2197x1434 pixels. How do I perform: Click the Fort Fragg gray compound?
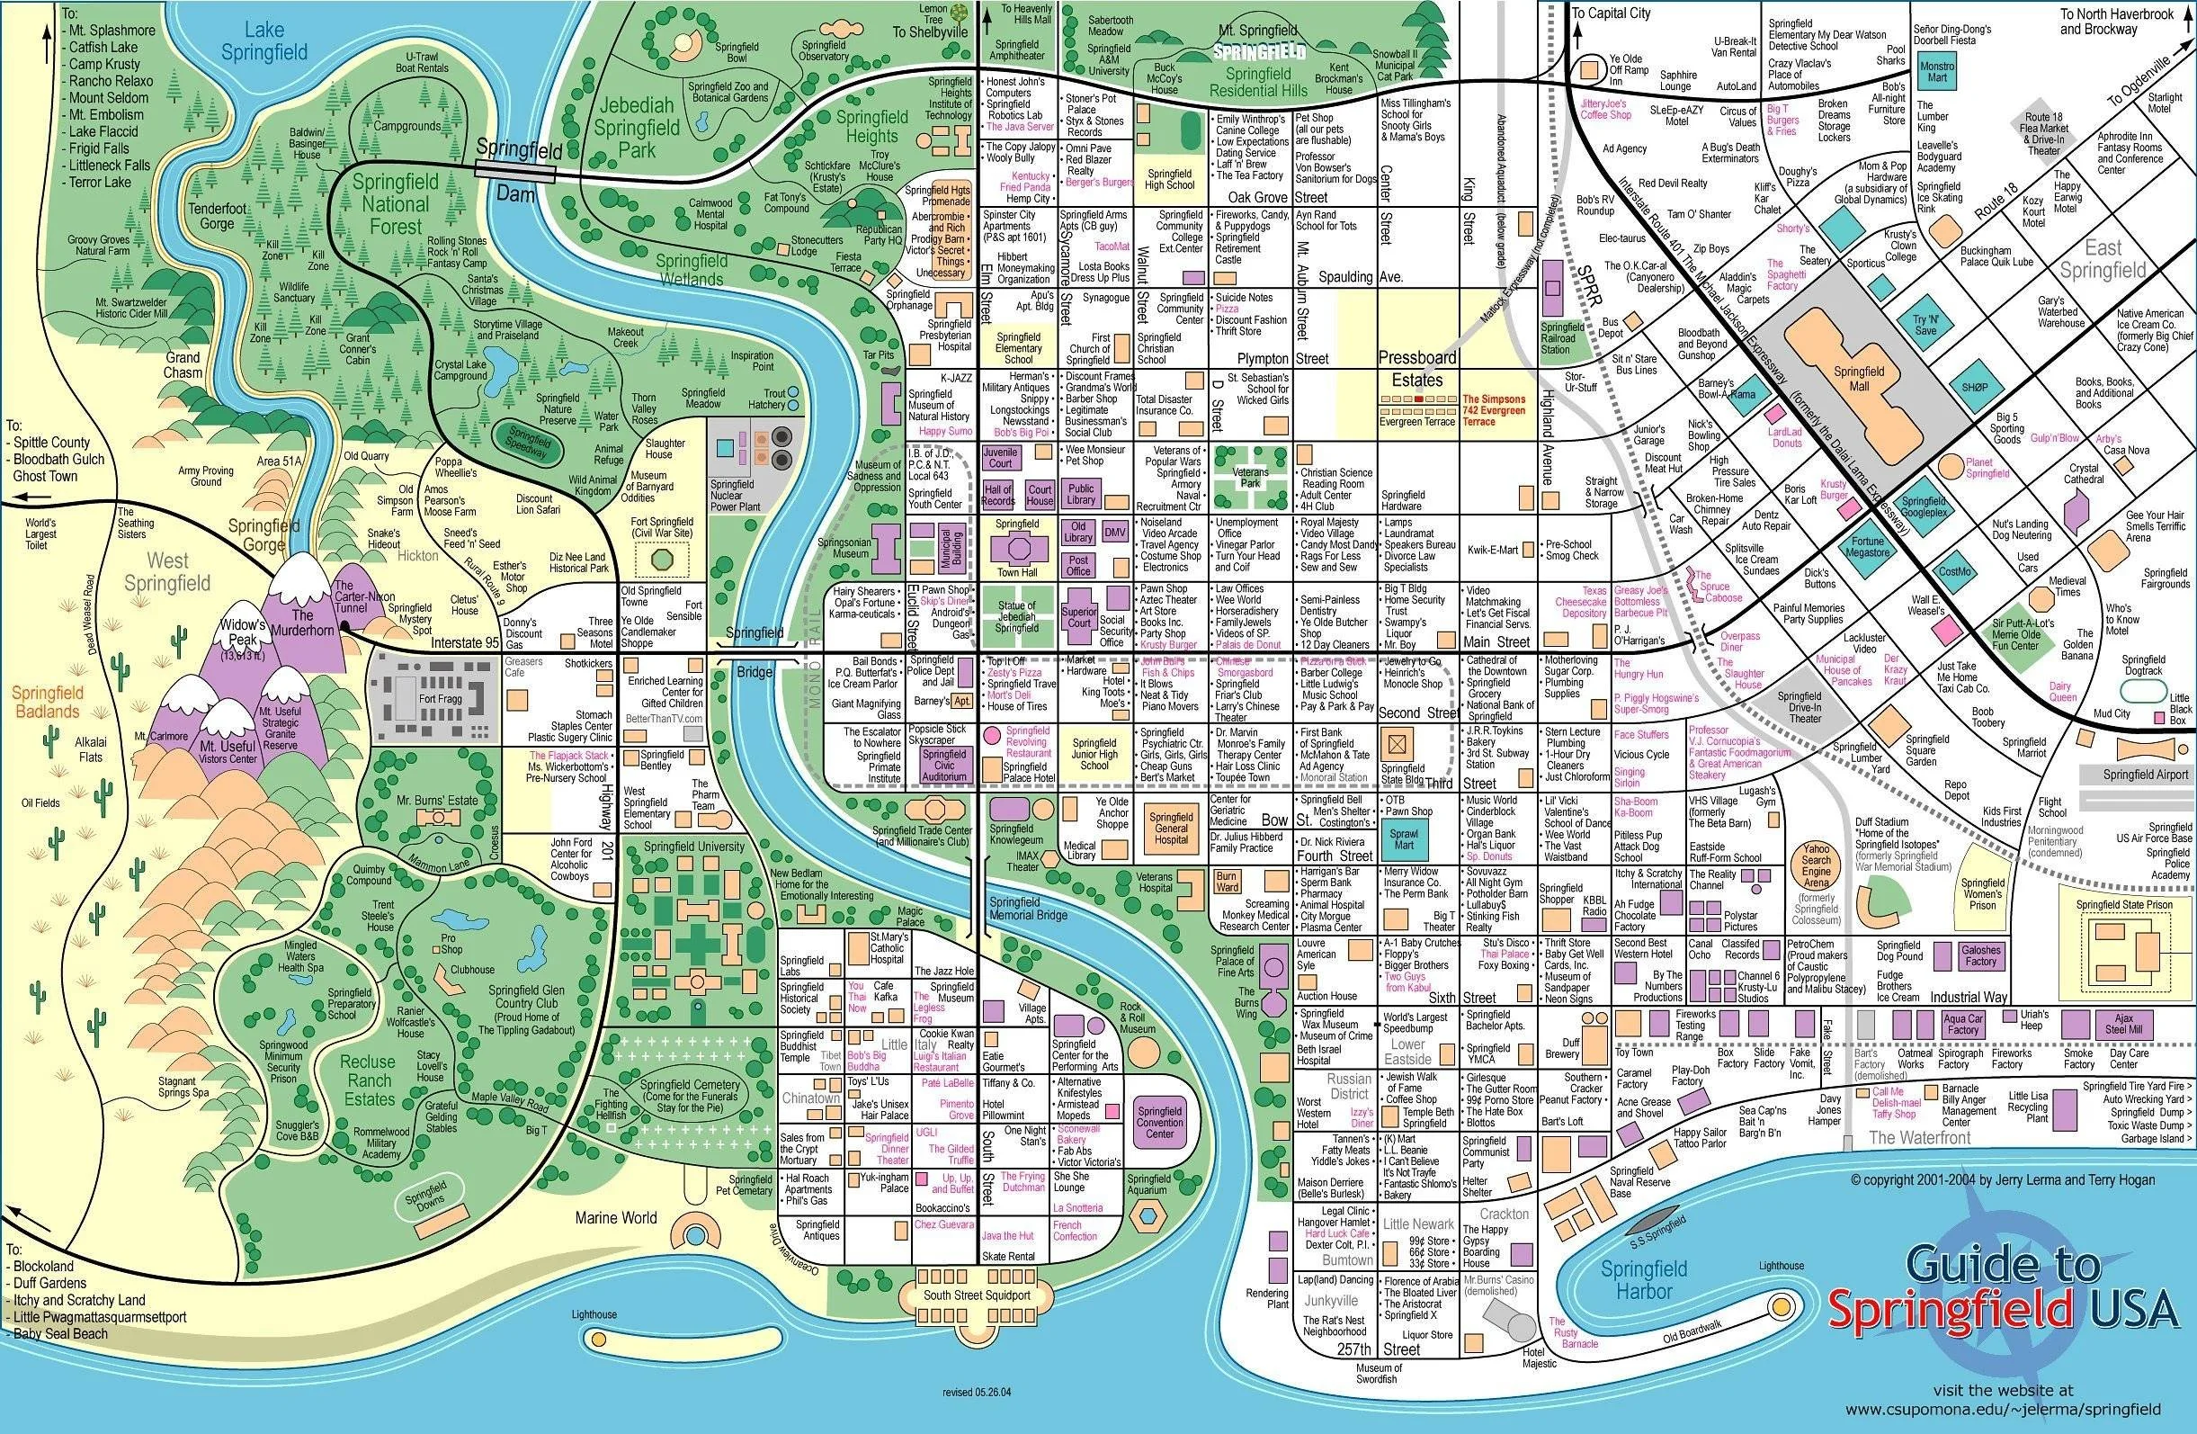[x=433, y=699]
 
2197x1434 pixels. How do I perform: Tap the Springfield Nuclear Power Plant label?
[x=736, y=495]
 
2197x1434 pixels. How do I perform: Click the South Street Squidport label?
[x=977, y=1295]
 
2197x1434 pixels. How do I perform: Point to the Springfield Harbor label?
[x=1644, y=1279]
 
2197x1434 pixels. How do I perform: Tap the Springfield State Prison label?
[x=2124, y=905]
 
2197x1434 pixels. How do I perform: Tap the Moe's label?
[x=1112, y=704]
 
